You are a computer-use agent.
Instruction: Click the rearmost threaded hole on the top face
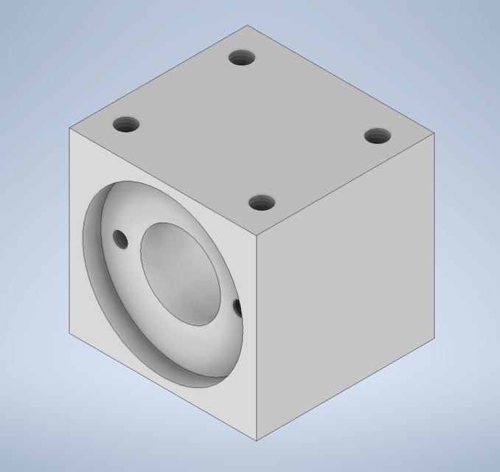[241, 57]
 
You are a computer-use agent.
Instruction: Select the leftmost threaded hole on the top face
[127, 124]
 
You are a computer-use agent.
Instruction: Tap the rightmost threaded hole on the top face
[377, 136]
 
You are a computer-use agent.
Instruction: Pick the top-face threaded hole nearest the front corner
[261, 202]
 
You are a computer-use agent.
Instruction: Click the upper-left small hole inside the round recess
[119, 238]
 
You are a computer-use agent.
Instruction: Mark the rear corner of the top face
[247, 26]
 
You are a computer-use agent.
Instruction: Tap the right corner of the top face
[434, 133]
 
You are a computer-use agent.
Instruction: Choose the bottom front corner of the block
[256, 441]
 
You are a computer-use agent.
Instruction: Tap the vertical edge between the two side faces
[256, 339]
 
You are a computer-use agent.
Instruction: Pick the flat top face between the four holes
[251, 129]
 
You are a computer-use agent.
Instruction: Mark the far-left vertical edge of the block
[70, 229]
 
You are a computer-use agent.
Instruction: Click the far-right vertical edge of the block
[434, 236]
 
